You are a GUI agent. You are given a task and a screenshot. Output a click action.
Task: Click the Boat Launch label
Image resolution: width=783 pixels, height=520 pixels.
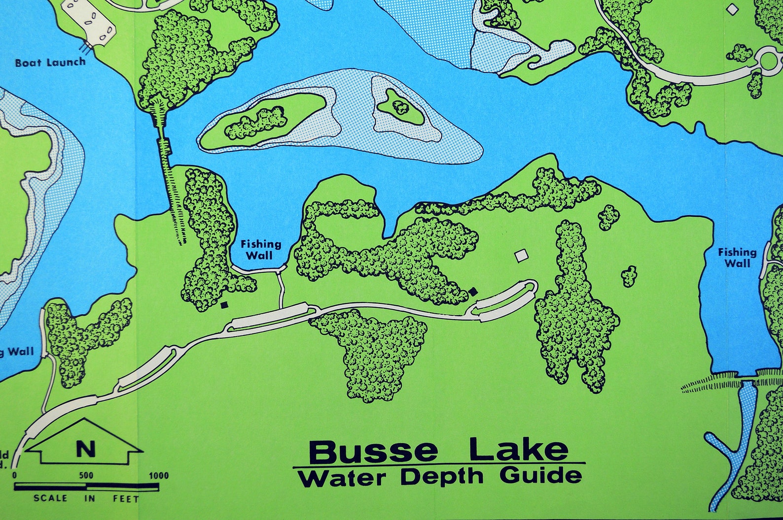coord(50,63)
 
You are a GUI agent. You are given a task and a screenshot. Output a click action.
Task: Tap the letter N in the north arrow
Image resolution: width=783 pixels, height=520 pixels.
coord(85,449)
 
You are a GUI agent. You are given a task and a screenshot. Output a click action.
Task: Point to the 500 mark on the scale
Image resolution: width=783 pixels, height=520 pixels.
coord(86,476)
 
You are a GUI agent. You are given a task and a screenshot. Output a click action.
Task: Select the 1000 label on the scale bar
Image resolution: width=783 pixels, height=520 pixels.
coord(158,476)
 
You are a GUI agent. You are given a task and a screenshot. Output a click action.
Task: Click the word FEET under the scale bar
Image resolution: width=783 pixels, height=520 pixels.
coord(126,498)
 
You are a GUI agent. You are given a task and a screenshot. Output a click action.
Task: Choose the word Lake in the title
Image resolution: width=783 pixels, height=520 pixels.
coord(519,449)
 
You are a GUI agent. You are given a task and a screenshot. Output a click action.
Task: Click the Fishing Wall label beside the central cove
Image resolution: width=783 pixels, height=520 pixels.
coord(260,249)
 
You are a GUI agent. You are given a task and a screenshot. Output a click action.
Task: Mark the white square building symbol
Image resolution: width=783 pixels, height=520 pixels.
coord(521,256)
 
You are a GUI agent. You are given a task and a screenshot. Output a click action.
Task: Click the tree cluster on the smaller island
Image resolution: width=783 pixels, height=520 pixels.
coord(399,106)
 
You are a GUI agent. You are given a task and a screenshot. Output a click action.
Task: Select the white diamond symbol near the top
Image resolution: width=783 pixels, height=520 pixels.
coord(733,9)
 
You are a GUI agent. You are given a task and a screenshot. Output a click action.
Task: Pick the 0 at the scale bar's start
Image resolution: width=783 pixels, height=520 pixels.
coord(14,476)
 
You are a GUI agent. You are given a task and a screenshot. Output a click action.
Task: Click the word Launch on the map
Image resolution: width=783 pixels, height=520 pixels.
coord(66,62)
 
